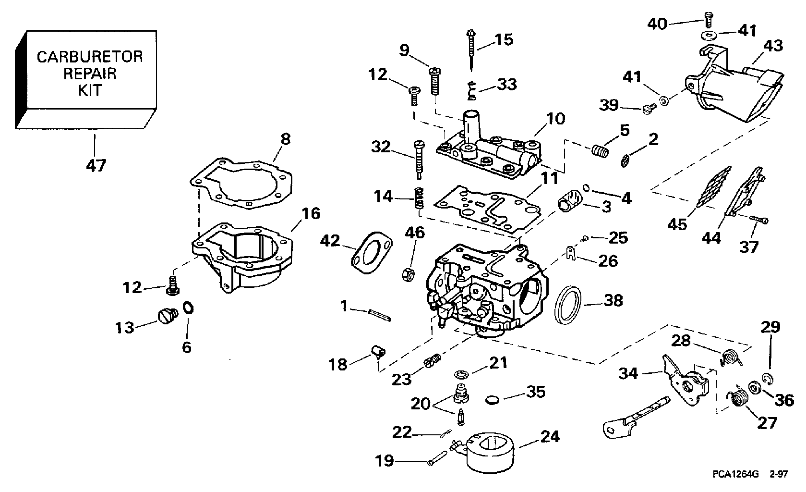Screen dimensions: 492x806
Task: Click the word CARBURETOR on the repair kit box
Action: pos(90,57)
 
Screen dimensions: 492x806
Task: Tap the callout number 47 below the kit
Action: pos(96,166)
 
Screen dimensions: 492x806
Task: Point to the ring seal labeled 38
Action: pos(568,305)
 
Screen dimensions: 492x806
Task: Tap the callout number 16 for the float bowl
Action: pos(311,213)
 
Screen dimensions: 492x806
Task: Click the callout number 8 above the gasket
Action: pos(286,140)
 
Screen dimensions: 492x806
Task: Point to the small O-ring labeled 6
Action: pos(189,307)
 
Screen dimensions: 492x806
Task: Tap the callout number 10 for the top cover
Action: pos(555,119)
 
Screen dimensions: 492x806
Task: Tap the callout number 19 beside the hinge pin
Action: pos(385,461)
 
